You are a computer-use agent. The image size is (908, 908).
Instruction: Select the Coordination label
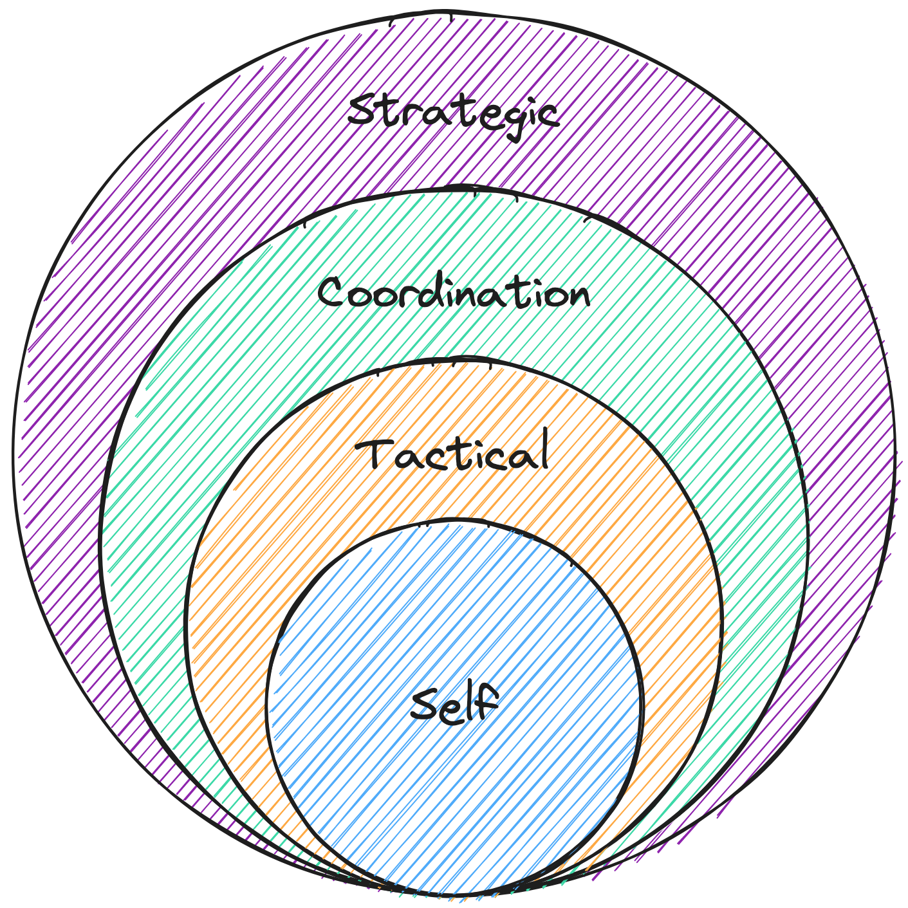point(454,294)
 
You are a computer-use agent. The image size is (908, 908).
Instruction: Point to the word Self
point(454,704)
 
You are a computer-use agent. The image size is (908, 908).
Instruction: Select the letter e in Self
point(454,708)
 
